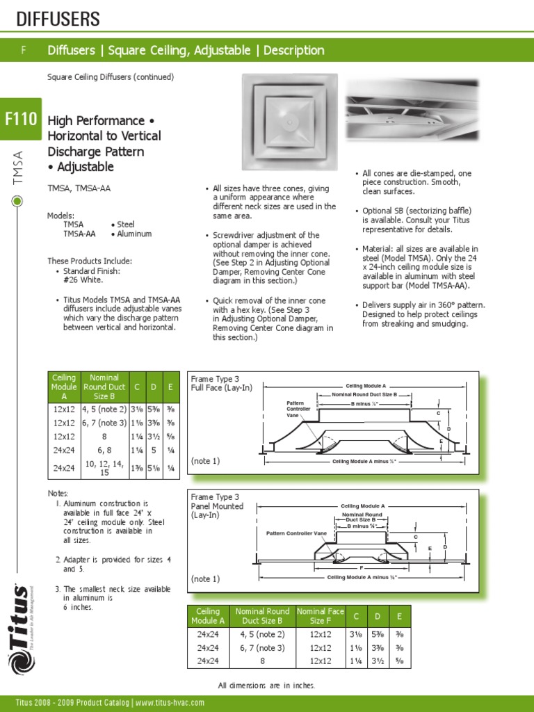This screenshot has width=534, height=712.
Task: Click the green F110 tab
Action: pyautogui.click(x=21, y=119)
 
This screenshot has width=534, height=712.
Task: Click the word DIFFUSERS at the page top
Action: pyautogui.click(x=58, y=19)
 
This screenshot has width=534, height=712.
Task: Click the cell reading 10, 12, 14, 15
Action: pyautogui.click(x=104, y=468)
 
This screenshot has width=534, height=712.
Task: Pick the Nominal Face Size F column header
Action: pyautogui.click(x=321, y=616)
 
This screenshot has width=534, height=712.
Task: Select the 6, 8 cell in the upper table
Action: pyautogui.click(x=104, y=450)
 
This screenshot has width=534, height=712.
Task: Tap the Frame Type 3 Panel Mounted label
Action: pyautogui.click(x=218, y=506)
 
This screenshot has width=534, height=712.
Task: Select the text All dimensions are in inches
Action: pyautogui.click(x=266, y=686)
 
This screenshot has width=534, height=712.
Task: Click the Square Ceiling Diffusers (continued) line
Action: pyautogui.click(x=111, y=76)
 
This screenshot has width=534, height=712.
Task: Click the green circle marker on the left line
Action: pyautogui.click(x=17, y=202)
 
